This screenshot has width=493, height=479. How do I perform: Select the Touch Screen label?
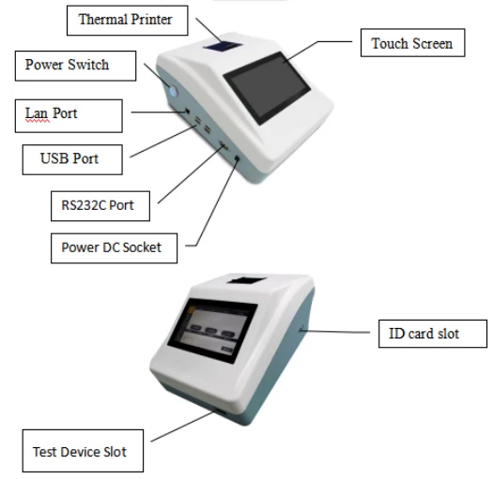[x=411, y=43]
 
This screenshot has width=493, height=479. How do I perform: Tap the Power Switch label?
[x=67, y=65]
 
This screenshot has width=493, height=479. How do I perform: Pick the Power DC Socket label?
[x=117, y=247]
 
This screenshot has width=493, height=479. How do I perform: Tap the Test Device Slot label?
[x=80, y=452]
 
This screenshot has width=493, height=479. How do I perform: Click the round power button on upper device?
[x=173, y=91]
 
